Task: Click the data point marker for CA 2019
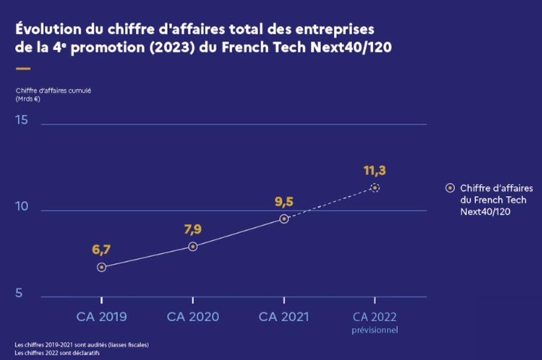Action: (x=101, y=267)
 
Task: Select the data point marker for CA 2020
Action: (x=193, y=247)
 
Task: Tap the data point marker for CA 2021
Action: (x=284, y=219)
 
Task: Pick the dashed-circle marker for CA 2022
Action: (x=375, y=188)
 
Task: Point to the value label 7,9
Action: (x=193, y=229)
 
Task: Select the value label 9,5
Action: (x=284, y=202)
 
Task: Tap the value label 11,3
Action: (x=375, y=170)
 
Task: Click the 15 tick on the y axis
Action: (x=22, y=120)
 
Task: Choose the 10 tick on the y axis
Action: (x=22, y=206)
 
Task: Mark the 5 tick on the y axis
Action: (x=19, y=293)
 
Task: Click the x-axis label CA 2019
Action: (x=101, y=317)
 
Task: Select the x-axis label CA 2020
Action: (x=193, y=317)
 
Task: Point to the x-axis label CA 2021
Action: (x=284, y=317)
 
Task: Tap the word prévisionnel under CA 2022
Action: (x=375, y=330)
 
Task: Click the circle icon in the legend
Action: (x=450, y=188)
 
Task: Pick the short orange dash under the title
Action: (x=23, y=69)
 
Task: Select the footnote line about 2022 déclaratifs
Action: (x=58, y=352)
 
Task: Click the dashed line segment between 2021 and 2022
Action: (x=330, y=203)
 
